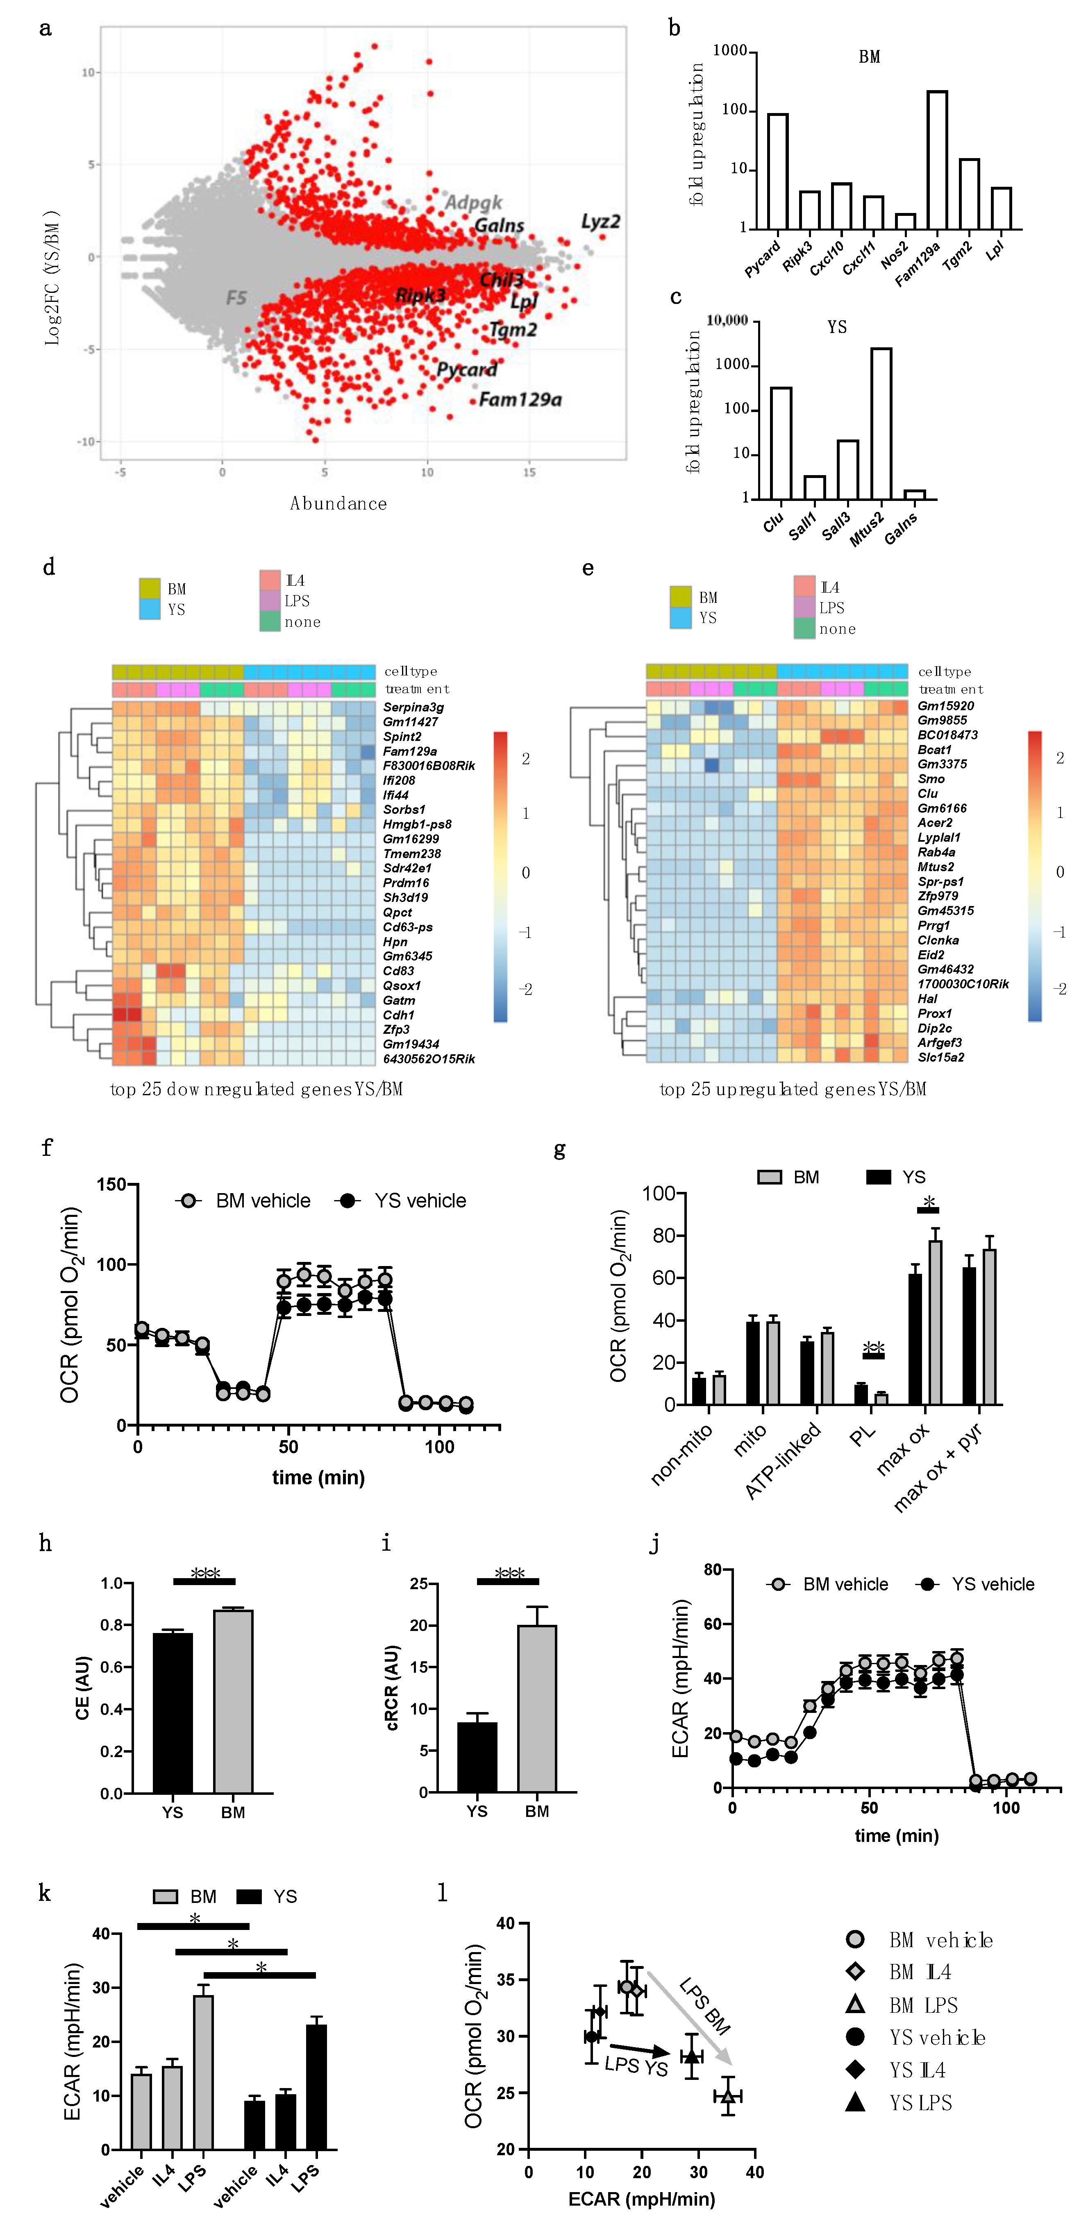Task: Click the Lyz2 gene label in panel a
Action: pos(600,222)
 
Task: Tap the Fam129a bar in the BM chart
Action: pos(937,160)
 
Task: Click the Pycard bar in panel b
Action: pos(777,171)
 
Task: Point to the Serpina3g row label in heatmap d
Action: pos(413,707)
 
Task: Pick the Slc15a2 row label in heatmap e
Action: pos(940,1058)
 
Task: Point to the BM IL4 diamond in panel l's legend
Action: pos(855,1972)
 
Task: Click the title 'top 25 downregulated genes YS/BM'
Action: pos(256,1089)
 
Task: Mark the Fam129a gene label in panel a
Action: pos(520,399)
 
